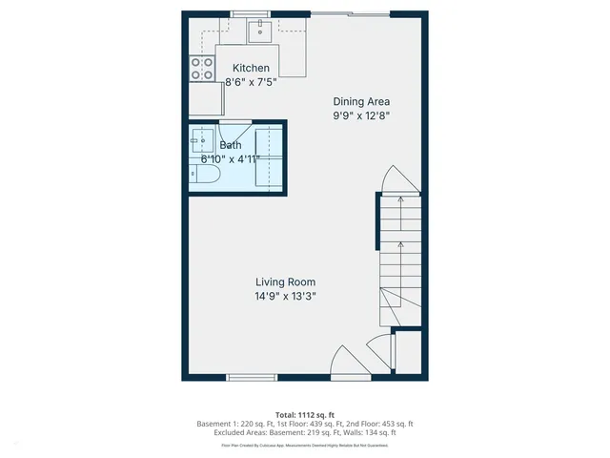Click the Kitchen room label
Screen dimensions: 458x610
(252, 68)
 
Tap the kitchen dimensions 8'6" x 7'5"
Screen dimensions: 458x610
(252, 83)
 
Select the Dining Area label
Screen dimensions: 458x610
(361, 101)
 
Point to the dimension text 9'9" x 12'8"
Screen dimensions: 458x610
(361, 115)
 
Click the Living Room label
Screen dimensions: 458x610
(285, 281)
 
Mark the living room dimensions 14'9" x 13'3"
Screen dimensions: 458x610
(285, 297)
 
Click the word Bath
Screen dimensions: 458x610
(231, 145)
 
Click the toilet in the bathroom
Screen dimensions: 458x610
(205, 176)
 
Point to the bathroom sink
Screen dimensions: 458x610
(201, 141)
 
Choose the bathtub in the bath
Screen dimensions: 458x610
(269, 156)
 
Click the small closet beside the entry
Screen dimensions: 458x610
(407, 355)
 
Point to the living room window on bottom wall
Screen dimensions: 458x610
(253, 377)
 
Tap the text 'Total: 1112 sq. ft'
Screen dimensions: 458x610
(305, 414)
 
